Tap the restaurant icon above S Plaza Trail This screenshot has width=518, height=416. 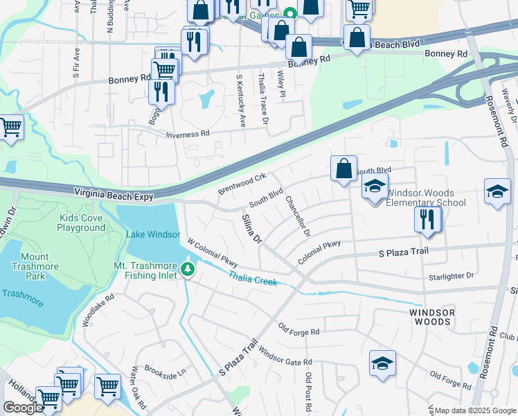point(428,219)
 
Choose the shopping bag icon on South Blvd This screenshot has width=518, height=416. point(343,168)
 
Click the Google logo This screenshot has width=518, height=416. point(23,408)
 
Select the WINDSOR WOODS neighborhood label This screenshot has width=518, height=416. point(432,317)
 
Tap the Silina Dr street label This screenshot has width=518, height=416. point(251,229)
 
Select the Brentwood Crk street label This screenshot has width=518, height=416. point(242,184)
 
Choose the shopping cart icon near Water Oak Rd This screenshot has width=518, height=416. point(107,385)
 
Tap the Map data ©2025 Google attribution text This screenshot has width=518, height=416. point(475,410)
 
